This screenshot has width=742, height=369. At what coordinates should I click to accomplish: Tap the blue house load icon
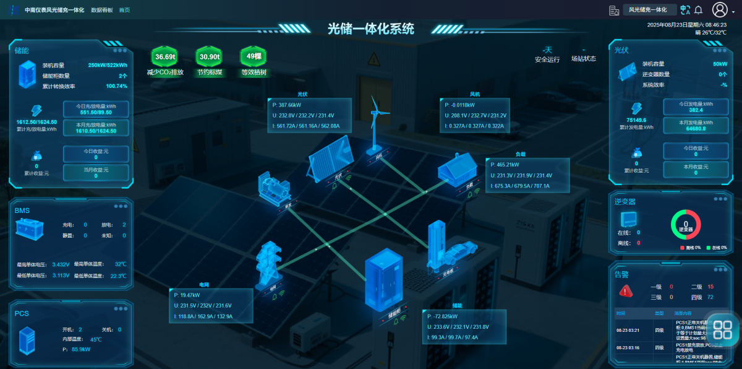458,170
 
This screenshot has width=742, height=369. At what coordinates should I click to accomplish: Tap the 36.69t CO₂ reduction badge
165,57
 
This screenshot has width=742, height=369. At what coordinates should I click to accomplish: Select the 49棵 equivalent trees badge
254,57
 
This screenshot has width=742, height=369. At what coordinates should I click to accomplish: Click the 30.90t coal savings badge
209,57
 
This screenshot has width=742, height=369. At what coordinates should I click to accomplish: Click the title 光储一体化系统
371,28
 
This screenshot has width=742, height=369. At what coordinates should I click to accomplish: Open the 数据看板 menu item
102,10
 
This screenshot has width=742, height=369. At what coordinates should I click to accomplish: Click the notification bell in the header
699,10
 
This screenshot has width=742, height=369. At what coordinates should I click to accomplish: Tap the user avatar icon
720,10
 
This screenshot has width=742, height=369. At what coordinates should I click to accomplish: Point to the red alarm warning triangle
626,290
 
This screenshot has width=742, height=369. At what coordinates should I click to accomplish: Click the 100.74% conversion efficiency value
117,86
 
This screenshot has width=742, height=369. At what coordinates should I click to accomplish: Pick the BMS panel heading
22,211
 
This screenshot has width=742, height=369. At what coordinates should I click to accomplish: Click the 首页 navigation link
124,10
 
